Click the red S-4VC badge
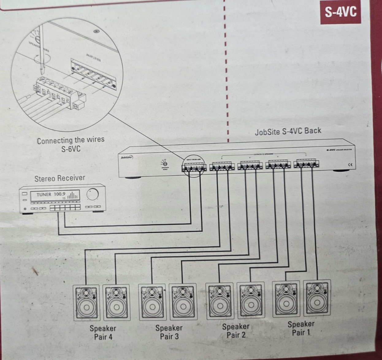(x=341, y=13)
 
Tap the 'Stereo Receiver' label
(x=59, y=178)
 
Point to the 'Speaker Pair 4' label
(x=103, y=332)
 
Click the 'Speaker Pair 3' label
(x=169, y=332)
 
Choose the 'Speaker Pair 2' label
(x=236, y=331)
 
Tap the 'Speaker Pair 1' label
(x=301, y=328)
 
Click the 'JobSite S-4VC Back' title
(x=288, y=131)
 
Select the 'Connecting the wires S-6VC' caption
(x=71, y=145)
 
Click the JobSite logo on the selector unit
(x=126, y=157)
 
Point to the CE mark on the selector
(x=350, y=165)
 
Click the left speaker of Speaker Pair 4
(x=86, y=302)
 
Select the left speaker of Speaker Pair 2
(x=219, y=300)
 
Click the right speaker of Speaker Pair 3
(x=183, y=301)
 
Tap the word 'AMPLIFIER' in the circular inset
(x=93, y=58)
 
